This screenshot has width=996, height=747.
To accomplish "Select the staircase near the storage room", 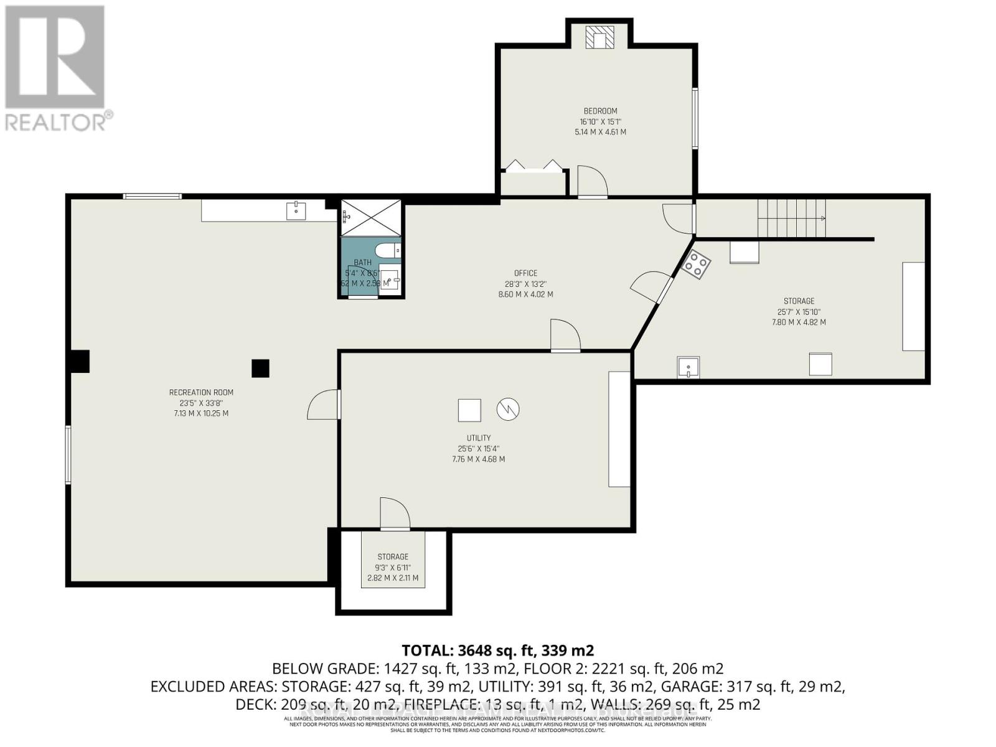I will pyautogui.click(x=791, y=218).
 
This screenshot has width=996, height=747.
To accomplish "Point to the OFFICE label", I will pyautogui.click(x=525, y=273).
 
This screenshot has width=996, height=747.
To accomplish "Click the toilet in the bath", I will pyautogui.click(x=392, y=251).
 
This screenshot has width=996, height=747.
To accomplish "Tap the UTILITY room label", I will pyautogui.click(x=478, y=438).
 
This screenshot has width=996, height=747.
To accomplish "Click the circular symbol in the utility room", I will pyautogui.click(x=508, y=409).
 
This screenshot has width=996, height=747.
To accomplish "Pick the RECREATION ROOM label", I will pyautogui.click(x=201, y=392).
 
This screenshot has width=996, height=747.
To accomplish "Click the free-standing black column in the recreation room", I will pyautogui.click(x=260, y=368).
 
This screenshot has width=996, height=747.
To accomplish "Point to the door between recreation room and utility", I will pyautogui.click(x=324, y=405).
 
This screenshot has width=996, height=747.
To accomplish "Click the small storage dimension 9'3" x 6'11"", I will pyautogui.click(x=392, y=568).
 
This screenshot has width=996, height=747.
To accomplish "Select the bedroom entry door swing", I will pyautogui.click(x=592, y=182).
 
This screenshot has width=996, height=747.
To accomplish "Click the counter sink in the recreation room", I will pyautogui.click(x=296, y=211).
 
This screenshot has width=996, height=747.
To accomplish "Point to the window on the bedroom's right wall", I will pyautogui.click(x=695, y=118).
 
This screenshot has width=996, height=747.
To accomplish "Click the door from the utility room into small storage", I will pyautogui.click(x=395, y=514).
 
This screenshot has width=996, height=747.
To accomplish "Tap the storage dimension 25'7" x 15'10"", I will pyautogui.click(x=799, y=312).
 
